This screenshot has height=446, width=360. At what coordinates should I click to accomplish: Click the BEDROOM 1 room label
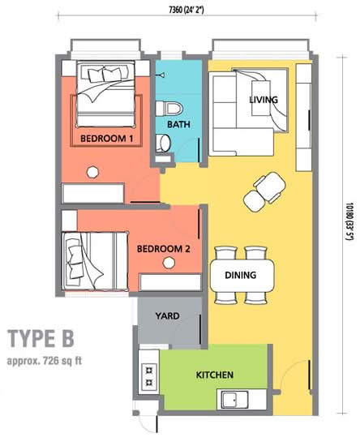coord(107,139)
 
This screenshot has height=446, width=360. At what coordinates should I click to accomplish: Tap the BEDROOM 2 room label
coord(164,249)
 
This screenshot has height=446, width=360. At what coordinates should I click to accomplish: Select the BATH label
coord(178,124)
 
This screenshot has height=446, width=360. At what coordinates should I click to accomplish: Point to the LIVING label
coord(264,100)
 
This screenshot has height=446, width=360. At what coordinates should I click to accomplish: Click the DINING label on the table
coord(241,275)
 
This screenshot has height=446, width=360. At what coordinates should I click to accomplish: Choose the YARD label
coord(168,315)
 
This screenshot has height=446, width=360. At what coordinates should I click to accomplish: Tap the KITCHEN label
coord(215,375)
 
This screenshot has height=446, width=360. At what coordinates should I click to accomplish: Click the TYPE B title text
coord(41,338)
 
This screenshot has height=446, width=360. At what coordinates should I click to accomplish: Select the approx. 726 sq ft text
coord(45,361)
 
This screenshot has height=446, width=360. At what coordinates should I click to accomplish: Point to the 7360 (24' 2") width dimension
coord(186,11)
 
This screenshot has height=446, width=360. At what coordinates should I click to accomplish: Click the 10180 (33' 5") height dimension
coord(349,221)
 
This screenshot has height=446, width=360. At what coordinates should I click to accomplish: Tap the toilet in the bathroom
coord(169,109)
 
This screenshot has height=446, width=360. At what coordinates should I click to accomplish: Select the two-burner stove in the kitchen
coord(149,376)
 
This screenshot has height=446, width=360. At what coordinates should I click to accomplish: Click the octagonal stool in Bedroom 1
coord(92,173)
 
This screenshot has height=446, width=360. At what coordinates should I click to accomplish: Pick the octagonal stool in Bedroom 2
coord(169,263)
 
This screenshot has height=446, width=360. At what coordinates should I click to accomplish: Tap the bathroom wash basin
coord(163,143)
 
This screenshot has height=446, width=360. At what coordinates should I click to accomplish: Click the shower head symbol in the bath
coord(161,75)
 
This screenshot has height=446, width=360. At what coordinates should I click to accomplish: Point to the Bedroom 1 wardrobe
coord(93,194)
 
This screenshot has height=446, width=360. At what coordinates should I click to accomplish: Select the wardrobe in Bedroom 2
coord(170,282)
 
